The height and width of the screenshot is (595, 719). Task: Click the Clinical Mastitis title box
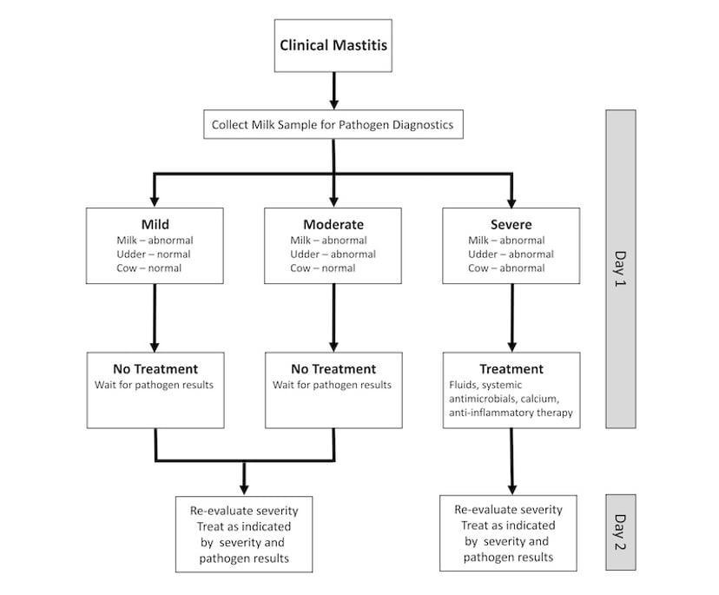coord(333,46)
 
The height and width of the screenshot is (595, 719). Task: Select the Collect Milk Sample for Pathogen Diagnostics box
coord(333,125)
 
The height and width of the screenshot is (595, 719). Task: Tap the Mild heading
coord(155,224)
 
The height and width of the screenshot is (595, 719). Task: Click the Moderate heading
coord(333,224)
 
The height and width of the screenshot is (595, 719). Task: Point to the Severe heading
coord(511,224)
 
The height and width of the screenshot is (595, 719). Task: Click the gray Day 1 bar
coord(620,268)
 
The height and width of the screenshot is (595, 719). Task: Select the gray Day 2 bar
coord(620,532)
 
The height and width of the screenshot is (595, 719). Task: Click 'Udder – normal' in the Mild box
coord(154,254)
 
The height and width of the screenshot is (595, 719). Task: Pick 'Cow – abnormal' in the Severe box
coord(506,268)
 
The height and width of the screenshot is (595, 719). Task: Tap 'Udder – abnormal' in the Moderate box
coord(333,254)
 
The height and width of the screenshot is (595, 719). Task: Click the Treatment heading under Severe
coord(511,368)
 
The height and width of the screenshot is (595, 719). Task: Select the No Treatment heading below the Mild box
coord(155,368)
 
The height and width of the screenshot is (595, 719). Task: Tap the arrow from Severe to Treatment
coord(511,317)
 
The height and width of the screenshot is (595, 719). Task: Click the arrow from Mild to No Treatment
coord(155,317)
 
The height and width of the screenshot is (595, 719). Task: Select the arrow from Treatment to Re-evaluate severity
coord(511,460)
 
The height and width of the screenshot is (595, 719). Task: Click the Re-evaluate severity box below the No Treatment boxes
coord(243,533)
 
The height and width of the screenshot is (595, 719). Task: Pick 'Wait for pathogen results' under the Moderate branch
coord(332,385)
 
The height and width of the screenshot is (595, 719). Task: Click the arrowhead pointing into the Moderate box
coord(333,200)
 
